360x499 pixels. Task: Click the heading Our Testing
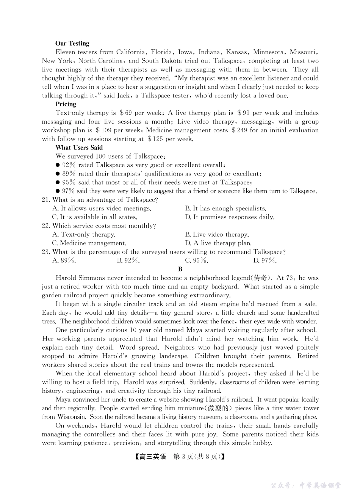(x=72, y=44)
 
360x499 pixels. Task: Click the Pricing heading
(x=66, y=104)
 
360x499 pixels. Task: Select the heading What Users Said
(x=79, y=148)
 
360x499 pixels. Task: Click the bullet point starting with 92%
(x=141, y=165)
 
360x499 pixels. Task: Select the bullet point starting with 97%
(x=186, y=191)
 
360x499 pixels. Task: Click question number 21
(x=46, y=200)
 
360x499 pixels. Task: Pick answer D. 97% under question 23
(x=265, y=261)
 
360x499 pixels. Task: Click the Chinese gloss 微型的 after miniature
(x=219, y=409)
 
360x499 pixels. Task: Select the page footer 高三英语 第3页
(x=180, y=457)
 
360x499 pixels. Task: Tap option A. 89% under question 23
(x=64, y=261)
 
